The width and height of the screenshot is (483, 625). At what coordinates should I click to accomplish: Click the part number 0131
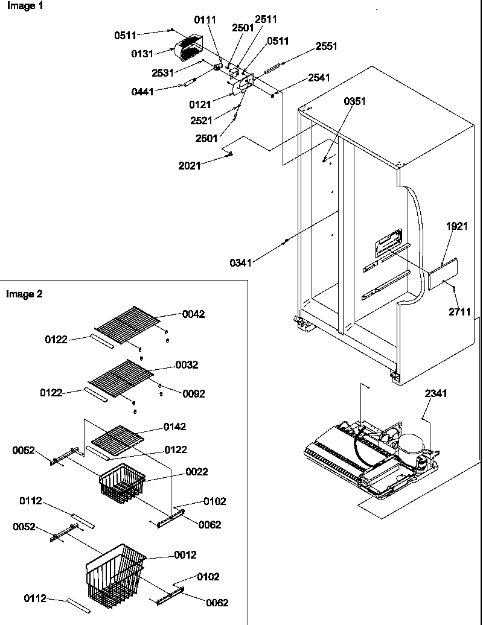click(x=142, y=54)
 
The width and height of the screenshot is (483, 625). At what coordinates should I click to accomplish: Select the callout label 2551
click(x=326, y=46)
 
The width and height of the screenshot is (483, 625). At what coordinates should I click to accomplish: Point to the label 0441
click(x=143, y=92)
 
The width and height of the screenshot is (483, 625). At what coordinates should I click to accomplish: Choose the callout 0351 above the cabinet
click(x=354, y=101)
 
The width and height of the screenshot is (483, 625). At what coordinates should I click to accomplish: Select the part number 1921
click(x=457, y=226)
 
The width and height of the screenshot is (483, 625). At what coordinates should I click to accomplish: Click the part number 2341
click(x=437, y=394)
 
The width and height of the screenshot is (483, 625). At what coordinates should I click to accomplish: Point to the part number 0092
click(x=193, y=394)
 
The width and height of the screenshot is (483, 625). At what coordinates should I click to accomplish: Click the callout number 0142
click(x=174, y=427)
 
